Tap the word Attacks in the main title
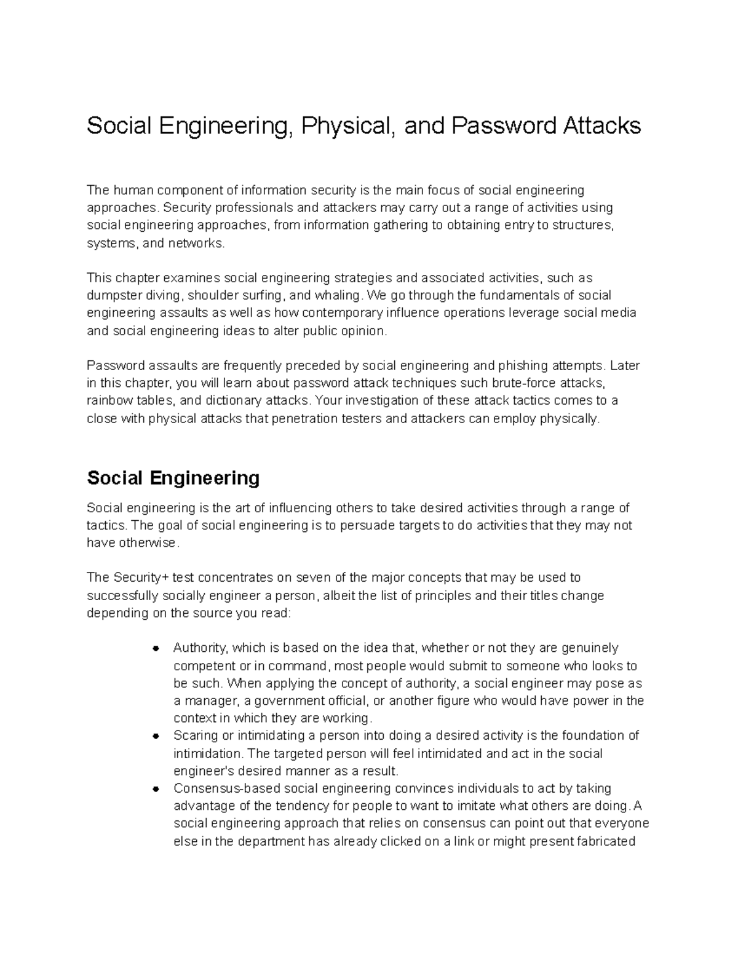(x=600, y=126)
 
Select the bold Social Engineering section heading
(x=173, y=478)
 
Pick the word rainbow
(x=108, y=401)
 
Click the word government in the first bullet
(x=285, y=700)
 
